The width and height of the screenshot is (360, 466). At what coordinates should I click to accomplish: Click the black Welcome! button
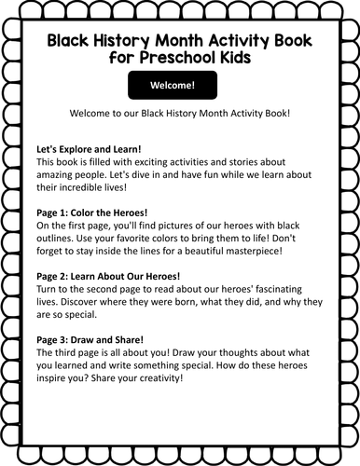(180, 86)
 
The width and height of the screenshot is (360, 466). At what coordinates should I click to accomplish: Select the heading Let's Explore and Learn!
(89, 149)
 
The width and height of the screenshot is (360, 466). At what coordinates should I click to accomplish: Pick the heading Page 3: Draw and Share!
(90, 341)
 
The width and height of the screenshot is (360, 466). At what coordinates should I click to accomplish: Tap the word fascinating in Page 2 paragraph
(282, 290)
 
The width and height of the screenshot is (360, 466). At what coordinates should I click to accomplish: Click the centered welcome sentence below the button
(180, 113)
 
